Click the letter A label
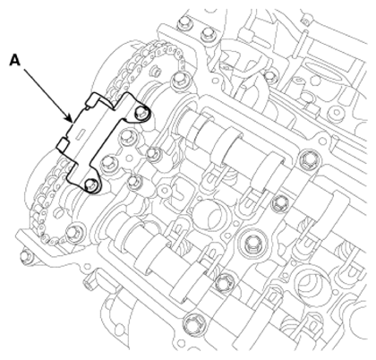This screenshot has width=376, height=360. [x=15, y=61]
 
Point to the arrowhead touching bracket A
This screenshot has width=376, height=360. [x=71, y=120]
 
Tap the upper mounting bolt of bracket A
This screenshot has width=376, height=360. [x=141, y=112]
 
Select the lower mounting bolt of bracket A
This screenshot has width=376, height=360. [x=91, y=184]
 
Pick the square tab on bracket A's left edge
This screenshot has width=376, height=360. [x=62, y=143]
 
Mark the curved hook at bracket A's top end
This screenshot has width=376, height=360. [x=96, y=99]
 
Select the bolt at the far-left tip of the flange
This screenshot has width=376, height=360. [x=25, y=256]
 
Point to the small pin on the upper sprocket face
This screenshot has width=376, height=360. [x=155, y=72]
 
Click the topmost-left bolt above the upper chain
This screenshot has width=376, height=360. [x=182, y=24]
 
